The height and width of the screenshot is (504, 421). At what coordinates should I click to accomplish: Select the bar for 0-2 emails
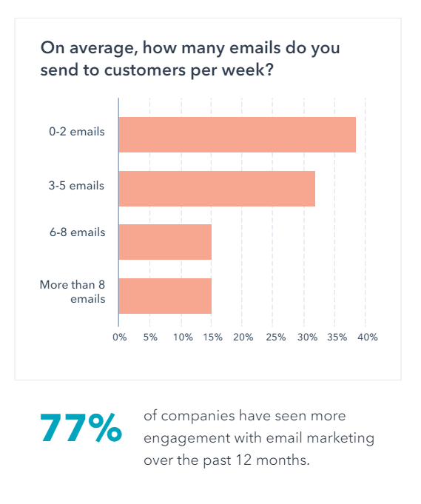tap(237, 135)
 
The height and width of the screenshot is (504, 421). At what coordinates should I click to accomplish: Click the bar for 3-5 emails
tap(217, 189)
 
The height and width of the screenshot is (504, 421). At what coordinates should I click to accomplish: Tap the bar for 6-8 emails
tap(165, 242)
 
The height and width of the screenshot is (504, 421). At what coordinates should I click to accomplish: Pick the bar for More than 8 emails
tap(165, 296)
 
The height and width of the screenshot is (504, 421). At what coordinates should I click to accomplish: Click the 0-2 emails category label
tap(77, 132)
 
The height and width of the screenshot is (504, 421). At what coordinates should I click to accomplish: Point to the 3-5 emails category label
tap(77, 185)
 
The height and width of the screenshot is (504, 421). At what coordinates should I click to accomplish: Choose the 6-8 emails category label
tap(77, 232)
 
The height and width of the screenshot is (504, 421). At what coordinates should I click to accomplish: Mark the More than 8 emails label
tap(73, 292)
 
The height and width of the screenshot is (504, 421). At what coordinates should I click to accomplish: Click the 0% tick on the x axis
tap(119, 337)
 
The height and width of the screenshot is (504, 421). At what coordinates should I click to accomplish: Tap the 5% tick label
tap(150, 337)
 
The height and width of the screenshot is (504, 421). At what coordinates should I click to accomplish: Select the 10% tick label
tap(182, 337)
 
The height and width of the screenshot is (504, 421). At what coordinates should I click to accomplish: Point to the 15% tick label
tap(212, 337)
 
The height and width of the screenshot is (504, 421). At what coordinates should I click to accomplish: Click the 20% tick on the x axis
tap(243, 337)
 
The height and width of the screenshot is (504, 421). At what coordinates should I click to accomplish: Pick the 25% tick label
tap(275, 337)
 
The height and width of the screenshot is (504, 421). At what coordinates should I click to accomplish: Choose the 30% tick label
tap(306, 337)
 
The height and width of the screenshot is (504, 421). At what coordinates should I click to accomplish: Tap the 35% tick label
tap(337, 337)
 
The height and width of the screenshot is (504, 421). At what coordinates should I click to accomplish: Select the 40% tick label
tap(368, 337)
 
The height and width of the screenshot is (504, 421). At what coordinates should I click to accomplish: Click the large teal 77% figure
tap(81, 429)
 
